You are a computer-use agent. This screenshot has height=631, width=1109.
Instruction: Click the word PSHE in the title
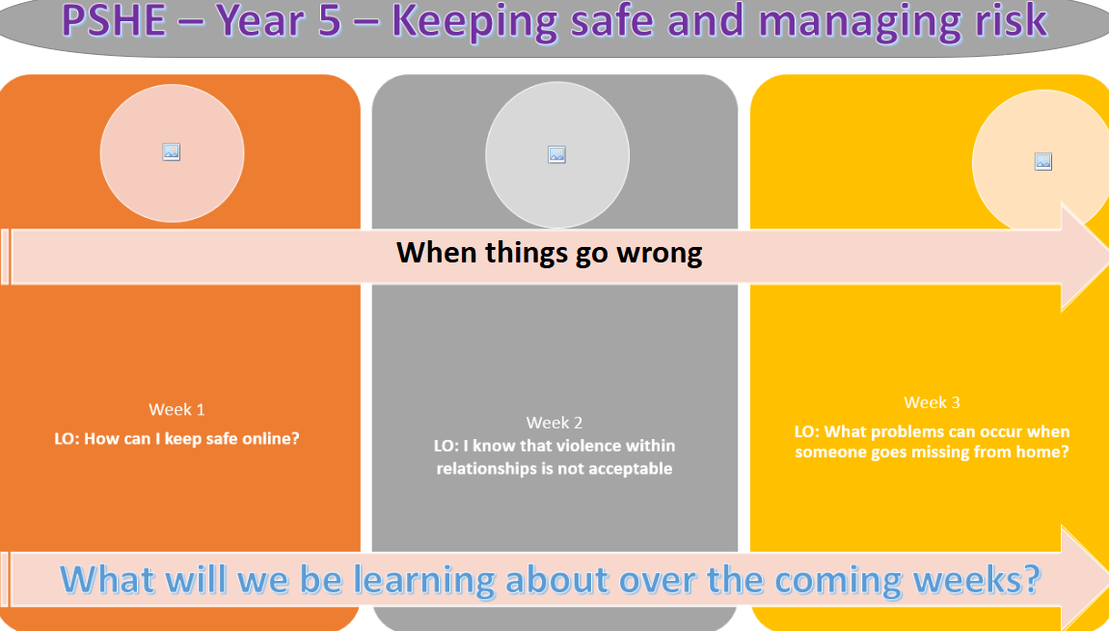113,20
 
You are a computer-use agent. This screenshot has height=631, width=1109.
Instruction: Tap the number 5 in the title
330,20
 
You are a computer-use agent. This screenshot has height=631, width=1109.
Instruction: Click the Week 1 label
176,410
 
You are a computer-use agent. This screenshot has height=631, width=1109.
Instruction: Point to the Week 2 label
554,423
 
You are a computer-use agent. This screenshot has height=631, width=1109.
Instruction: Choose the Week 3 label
933,402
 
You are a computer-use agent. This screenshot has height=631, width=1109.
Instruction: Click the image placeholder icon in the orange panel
171,152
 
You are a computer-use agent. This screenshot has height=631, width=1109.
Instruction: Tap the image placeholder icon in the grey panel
556,155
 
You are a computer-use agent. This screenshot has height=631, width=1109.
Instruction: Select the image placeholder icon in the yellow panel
1043,161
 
